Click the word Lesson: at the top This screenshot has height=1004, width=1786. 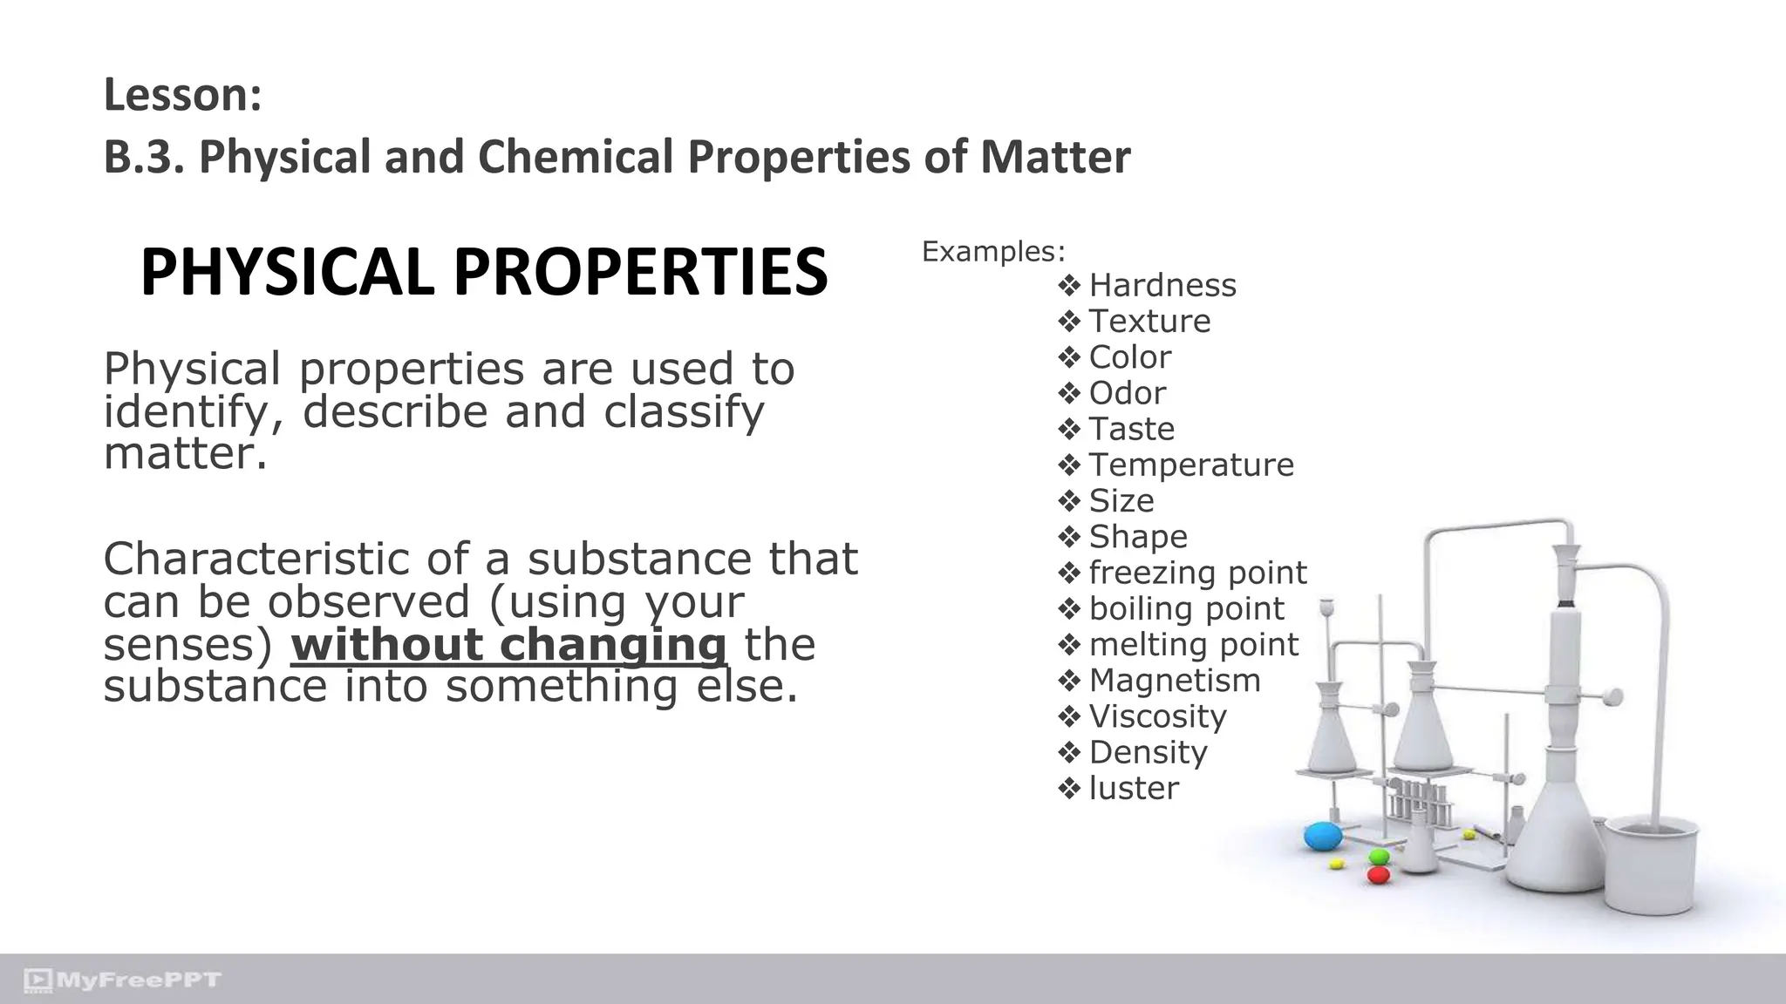click(182, 95)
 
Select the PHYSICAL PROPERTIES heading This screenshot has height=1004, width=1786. click(483, 272)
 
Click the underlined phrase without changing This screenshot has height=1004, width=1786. click(508, 645)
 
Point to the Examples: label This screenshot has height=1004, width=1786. click(993, 252)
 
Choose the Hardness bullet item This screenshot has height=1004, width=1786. click(1162, 285)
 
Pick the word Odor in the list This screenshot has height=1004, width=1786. click(1127, 393)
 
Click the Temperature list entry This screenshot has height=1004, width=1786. click(1191, 465)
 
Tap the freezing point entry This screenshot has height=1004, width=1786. click(1197, 573)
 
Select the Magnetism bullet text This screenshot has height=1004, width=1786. click(1175, 680)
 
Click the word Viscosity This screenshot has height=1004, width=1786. click(1157, 716)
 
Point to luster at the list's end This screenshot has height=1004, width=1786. click(1134, 788)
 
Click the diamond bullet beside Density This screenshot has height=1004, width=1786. click(1069, 752)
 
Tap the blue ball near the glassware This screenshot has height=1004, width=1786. click(1323, 837)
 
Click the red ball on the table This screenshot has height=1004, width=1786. click(1378, 874)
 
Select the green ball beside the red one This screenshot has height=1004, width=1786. click(1379, 857)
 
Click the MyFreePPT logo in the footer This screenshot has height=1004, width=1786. click(123, 980)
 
